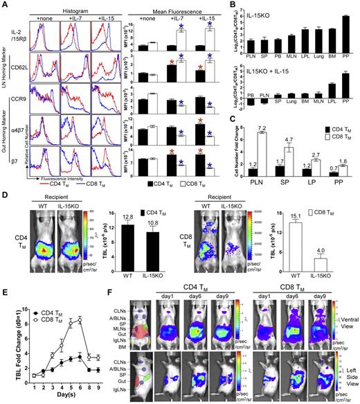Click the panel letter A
5,5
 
